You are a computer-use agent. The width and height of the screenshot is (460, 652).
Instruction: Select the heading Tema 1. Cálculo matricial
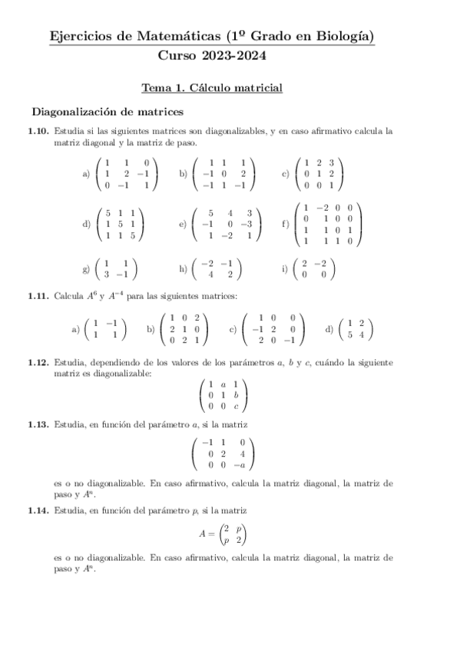click(213, 88)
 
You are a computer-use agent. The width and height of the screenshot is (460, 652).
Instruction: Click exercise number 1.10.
click(39, 131)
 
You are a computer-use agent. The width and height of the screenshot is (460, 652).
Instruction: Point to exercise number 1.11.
click(39, 295)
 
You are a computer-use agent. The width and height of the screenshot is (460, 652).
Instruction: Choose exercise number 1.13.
click(39, 424)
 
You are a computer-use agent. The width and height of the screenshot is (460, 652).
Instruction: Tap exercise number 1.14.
click(39, 510)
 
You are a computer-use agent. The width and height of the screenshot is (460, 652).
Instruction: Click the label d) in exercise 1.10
click(86, 224)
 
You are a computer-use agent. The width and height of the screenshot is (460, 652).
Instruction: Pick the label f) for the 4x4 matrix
click(286, 224)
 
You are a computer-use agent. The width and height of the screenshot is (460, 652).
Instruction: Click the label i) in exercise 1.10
click(286, 268)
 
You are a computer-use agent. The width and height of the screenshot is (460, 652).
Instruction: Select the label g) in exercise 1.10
click(86, 268)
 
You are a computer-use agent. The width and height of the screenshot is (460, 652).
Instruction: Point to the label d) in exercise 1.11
click(329, 329)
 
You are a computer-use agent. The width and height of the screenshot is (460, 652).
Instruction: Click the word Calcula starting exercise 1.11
click(68, 295)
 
